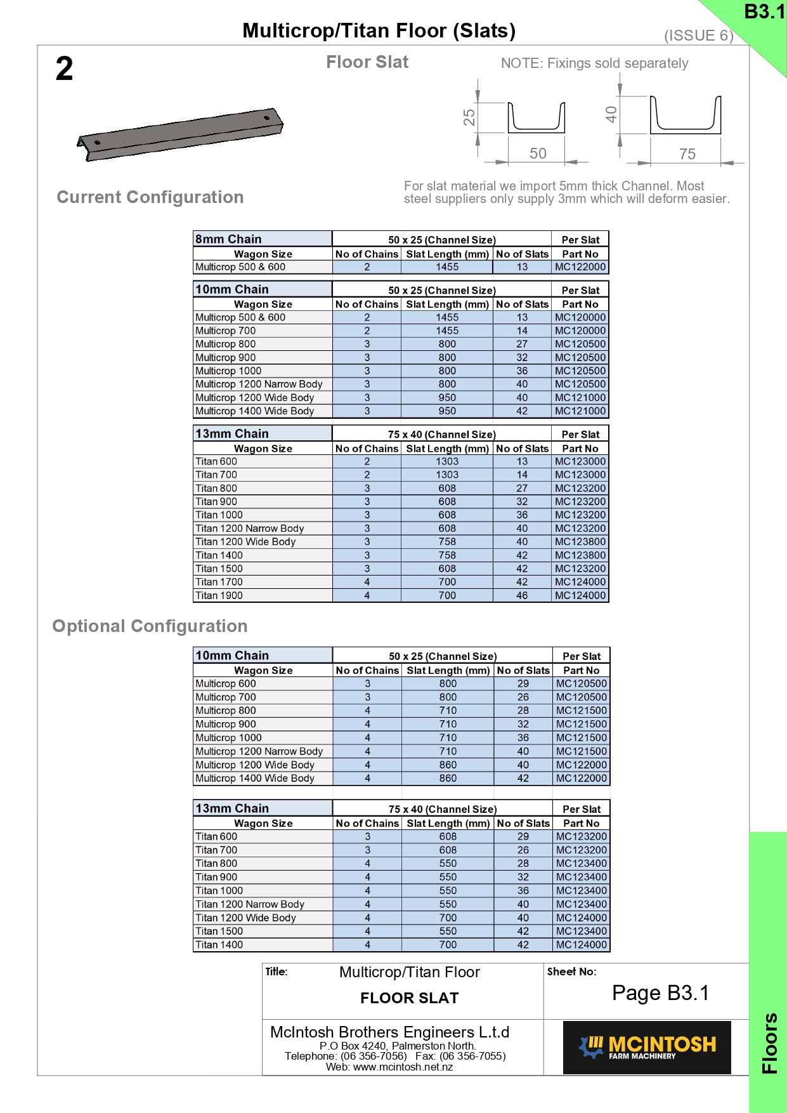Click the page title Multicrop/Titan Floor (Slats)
click(379, 30)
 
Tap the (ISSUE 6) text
click(698, 36)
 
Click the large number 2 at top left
click(64, 69)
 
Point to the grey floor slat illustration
click(180, 134)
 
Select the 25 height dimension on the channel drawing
click(469, 117)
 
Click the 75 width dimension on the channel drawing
click(687, 154)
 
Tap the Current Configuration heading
click(150, 197)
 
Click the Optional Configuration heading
click(150, 626)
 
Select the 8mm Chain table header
click(228, 239)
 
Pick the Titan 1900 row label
click(219, 596)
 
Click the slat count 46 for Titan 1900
click(522, 596)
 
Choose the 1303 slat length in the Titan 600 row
click(447, 462)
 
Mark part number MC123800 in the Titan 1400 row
click(580, 555)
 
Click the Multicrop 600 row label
click(226, 684)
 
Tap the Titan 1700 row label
click(219, 582)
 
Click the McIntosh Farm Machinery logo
click(647, 1047)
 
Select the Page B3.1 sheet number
click(660, 993)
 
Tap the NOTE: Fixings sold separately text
click(594, 63)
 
